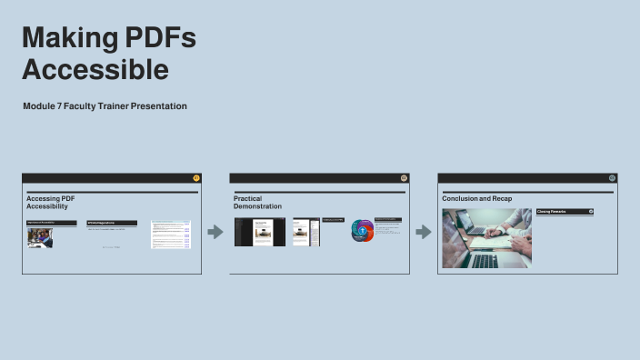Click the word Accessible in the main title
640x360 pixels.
(x=95, y=70)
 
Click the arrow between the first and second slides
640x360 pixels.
(x=215, y=233)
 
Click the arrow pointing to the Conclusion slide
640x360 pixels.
(x=424, y=233)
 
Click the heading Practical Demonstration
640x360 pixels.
(x=257, y=203)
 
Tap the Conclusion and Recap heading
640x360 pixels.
(x=477, y=198)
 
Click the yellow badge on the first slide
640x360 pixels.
(x=196, y=178)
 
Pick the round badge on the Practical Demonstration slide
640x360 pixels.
(x=404, y=178)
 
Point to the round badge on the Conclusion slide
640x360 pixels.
(x=612, y=178)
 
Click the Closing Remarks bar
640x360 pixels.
(x=564, y=211)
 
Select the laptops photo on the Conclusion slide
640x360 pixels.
(x=486, y=238)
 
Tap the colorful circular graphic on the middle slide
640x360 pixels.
(x=363, y=231)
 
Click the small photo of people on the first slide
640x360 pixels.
(x=39, y=237)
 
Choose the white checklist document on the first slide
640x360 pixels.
(x=171, y=234)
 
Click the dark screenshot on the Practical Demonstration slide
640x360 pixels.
(x=260, y=232)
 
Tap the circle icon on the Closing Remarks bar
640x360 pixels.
(x=591, y=211)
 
